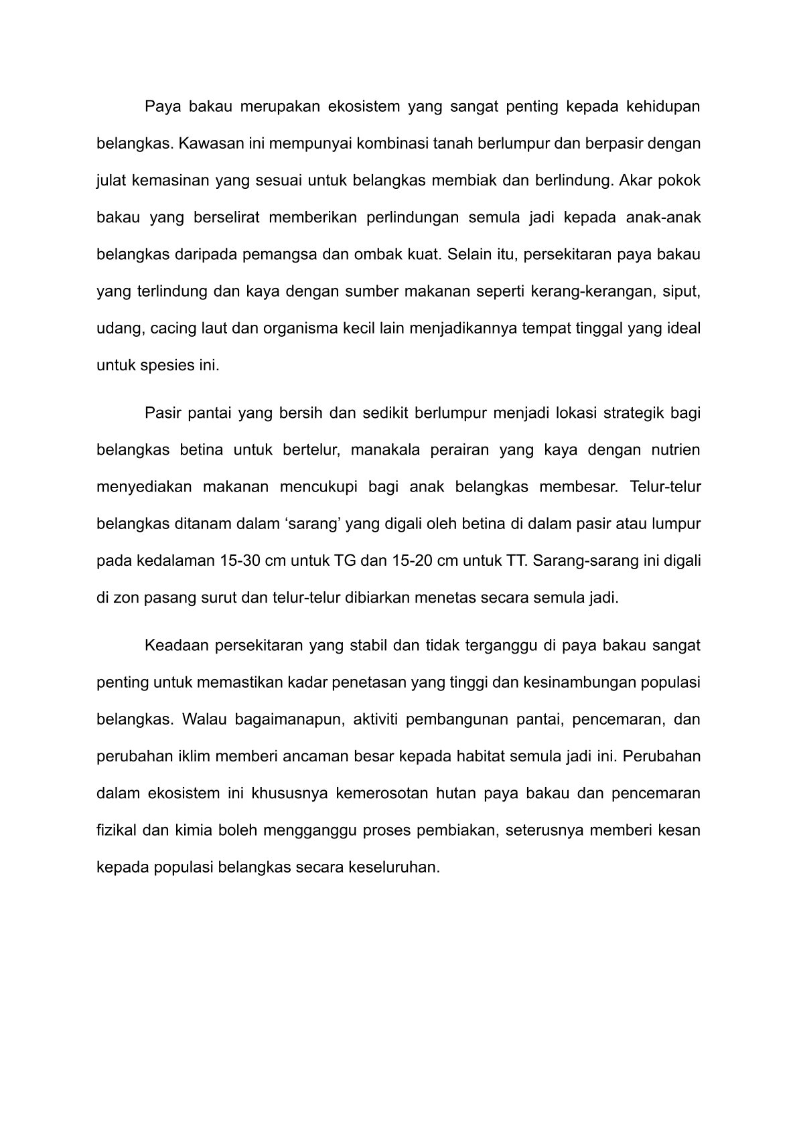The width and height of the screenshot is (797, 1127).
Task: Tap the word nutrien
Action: [675, 449]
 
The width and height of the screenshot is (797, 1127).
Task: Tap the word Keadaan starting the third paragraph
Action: [174, 646]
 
